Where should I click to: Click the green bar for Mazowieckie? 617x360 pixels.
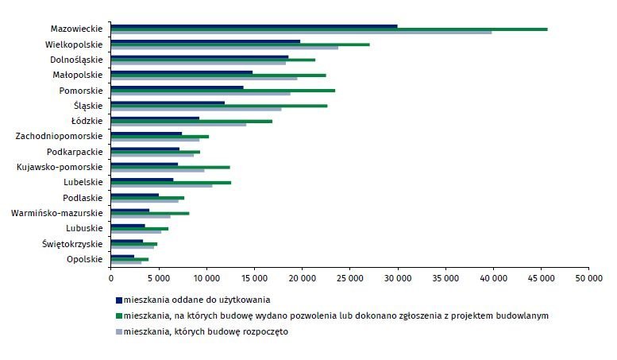pyautogui.click(x=329, y=29)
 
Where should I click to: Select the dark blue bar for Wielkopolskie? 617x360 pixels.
pyautogui.click(x=206, y=41)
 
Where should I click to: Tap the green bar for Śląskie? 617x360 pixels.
pyautogui.click(x=219, y=106)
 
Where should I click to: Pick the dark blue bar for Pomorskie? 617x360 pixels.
pyautogui.click(x=177, y=87)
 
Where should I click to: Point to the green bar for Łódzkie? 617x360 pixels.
pyautogui.click(x=191, y=121)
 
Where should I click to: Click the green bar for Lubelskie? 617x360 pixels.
pyautogui.click(x=171, y=182)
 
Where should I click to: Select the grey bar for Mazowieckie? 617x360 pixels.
pyautogui.click(x=301, y=33)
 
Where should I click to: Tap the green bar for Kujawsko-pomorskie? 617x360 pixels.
pyautogui.click(x=171, y=167)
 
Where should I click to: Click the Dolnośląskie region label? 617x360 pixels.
pyautogui.click(x=76, y=60)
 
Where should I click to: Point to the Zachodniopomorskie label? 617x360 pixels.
pyautogui.click(x=59, y=136)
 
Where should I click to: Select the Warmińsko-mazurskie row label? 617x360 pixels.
pyautogui.click(x=56, y=213)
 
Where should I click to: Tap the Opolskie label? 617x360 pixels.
pyautogui.click(x=85, y=259)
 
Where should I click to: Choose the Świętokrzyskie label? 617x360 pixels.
pyautogui.click(x=72, y=244)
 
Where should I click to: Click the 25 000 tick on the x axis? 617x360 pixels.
pyautogui.click(x=350, y=278)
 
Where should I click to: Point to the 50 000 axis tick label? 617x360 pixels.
pyautogui.click(x=588, y=278)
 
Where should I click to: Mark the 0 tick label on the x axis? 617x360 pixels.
pyautogui.click(x=111, y=278)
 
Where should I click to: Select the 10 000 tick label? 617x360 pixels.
pyautogui.click(x=206, y=278)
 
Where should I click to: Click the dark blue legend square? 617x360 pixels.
pyautogui.click(x=119, y=300)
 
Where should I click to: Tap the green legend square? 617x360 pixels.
pyautogui.click(x=119, y=315)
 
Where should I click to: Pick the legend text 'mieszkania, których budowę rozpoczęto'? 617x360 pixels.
pyautogui.click(x=206, y=331)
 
